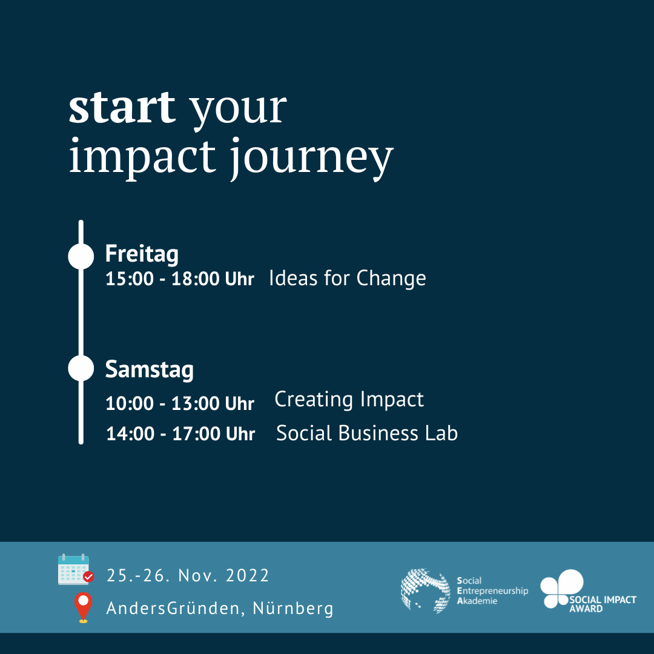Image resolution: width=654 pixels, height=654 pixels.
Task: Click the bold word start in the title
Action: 122,108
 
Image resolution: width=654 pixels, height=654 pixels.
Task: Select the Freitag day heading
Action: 142,254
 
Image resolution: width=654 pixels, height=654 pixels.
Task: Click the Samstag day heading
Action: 150,370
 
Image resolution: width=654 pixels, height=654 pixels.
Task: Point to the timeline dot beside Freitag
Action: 81,256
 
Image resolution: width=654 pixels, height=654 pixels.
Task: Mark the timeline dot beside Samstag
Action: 81,368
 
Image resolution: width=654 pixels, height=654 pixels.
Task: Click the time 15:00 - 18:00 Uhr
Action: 180,279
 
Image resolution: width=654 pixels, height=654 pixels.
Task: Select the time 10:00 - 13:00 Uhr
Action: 180,403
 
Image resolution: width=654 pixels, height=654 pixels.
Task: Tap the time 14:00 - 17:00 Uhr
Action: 180,434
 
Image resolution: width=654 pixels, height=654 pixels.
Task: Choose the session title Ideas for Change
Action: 348,279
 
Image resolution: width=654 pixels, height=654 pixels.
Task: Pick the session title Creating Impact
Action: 349,400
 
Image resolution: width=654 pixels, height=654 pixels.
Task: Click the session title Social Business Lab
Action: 367,433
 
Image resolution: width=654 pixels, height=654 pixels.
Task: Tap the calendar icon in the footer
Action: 76,569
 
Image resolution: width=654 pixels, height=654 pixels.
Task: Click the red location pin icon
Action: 84,607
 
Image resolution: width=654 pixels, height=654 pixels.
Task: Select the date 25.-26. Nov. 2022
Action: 188,576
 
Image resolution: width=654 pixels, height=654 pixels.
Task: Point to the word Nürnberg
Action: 293,608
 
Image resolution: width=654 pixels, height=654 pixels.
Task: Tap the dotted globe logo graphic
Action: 426,590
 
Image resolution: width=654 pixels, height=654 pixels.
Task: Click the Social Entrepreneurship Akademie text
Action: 492,590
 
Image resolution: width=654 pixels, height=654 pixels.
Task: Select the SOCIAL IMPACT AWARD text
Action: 603,604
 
